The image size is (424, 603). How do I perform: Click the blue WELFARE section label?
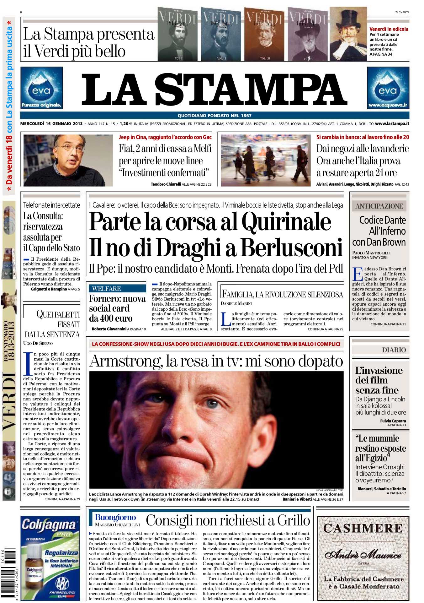point(107,289)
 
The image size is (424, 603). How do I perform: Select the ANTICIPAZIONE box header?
point(379,206)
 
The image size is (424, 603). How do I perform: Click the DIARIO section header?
point(394,350)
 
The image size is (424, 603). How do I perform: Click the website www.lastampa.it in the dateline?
point(392,124)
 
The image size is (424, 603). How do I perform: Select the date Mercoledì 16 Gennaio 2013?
point(51,124)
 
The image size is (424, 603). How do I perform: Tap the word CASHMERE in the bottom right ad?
point(363,528)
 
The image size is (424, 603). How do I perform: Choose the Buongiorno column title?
point(115,517)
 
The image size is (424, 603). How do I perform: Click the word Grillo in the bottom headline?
point(293,520)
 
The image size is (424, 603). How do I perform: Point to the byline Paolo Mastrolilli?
point(371,253)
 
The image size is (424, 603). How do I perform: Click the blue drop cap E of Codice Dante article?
point(357,274)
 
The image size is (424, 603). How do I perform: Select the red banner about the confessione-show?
point(216,344)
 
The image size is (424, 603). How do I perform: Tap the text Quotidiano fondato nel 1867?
point(215,115)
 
